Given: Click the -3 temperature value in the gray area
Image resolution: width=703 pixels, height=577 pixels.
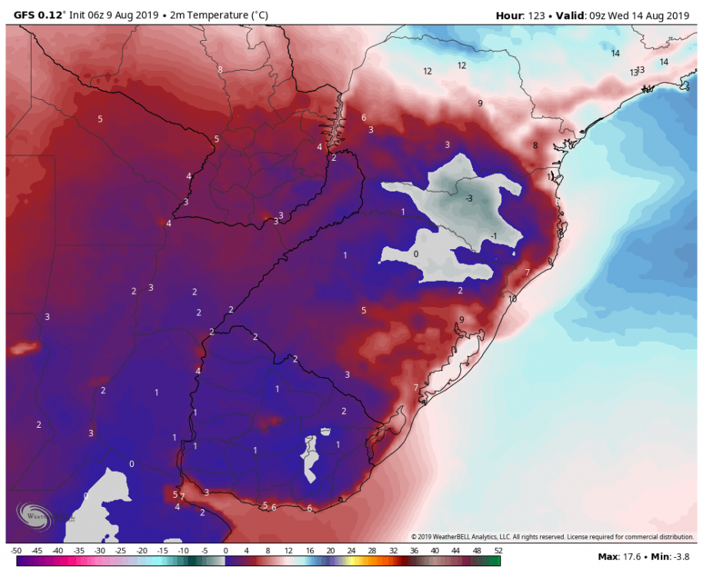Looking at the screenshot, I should [x=468, y=198].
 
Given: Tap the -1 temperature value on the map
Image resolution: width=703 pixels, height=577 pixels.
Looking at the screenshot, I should [x=495, y=235].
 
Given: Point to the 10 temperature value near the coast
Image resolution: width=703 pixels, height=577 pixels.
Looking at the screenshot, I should [x=512, y=299].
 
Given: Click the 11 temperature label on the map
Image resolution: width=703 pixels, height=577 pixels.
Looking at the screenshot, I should [x=551, y=177].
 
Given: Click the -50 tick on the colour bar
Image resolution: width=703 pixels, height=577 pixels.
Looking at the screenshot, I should [x=16, y=551].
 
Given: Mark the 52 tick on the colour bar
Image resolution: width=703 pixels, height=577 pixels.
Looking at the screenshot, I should [x=498, y=551].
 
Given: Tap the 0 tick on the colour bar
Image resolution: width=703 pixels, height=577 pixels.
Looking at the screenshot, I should [x=225, y=551].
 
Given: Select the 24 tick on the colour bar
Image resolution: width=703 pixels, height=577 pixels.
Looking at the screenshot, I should [x=351, y=551].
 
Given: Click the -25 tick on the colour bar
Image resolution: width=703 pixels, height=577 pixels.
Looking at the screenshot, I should [x=121, y=551].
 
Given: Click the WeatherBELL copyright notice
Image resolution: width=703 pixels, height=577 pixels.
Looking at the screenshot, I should [x=552, y=536].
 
